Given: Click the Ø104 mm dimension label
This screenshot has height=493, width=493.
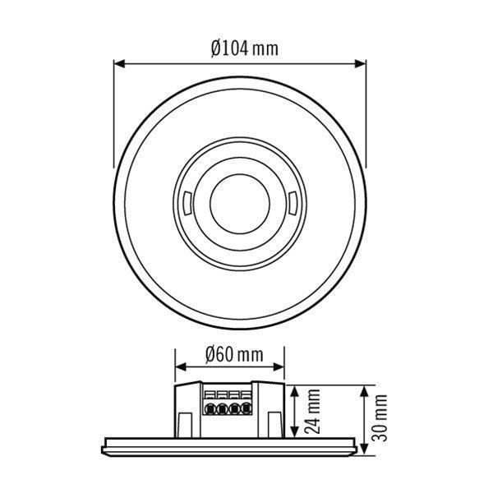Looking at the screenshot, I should click(244, 48).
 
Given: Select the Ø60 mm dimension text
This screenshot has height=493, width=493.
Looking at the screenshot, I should click(230, 355).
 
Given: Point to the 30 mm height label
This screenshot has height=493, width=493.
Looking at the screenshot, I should click(380, 417).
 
